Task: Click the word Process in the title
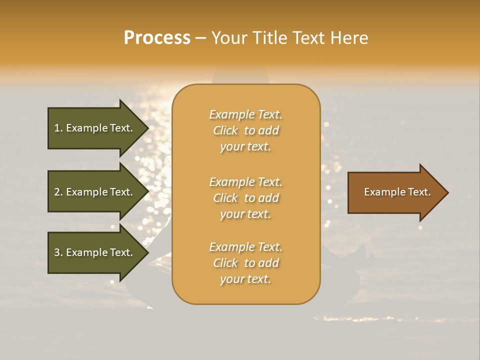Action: click(157, 38)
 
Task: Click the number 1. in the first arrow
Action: click(58, 128)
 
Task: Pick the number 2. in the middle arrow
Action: click(58, 192)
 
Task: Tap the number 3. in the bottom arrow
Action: click(58, 252)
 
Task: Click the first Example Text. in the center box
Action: click(245, 114)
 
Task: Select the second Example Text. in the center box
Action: click(245, 181)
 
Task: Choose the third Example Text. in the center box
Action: click(245, 247)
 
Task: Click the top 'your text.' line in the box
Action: click(245, 147)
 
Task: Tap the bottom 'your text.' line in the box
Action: click(245, 279)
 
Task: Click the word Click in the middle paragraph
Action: click(225, 198)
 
